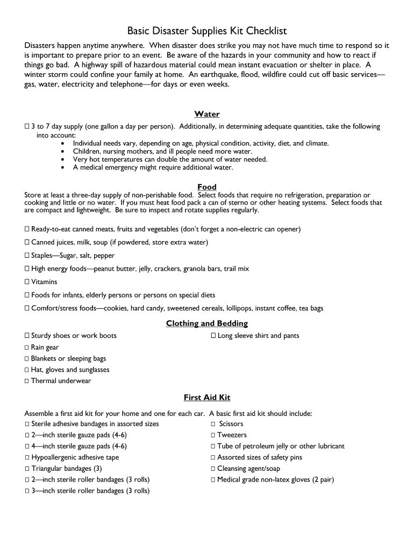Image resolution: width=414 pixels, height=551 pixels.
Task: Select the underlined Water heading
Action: tap(207, 114)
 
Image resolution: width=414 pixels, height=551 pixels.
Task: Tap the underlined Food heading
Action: tap(207, 187)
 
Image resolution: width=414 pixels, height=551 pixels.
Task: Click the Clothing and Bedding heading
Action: tap(207, 323)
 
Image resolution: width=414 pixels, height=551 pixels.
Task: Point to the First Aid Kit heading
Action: tap(207, 398)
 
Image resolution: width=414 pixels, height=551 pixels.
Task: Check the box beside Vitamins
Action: tap(27, 282)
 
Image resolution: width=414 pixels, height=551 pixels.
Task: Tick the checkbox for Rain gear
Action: tap(27, 348)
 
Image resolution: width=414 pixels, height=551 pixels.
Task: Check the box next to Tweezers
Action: tap(213, 435)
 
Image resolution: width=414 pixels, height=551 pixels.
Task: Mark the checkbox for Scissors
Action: tap(213, 424)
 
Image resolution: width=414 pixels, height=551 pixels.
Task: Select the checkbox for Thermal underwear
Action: tap(27, 381)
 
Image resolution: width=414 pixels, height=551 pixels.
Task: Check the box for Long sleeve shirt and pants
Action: tap(213, 336)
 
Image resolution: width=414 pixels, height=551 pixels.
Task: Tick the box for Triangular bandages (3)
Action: tap(27, 469)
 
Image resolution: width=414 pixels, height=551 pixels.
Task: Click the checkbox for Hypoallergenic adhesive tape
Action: tap(27, 457)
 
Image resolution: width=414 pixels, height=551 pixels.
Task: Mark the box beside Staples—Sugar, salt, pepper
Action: tap(27, 256)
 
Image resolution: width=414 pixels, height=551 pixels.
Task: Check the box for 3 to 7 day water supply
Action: tap(27, 127)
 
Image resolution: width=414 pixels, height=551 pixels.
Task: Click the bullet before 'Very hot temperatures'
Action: tap(63, 160)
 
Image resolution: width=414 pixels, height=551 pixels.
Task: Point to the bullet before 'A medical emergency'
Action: tap(63, 168)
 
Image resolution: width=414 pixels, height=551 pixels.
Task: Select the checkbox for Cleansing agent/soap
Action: tap(213, 469)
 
